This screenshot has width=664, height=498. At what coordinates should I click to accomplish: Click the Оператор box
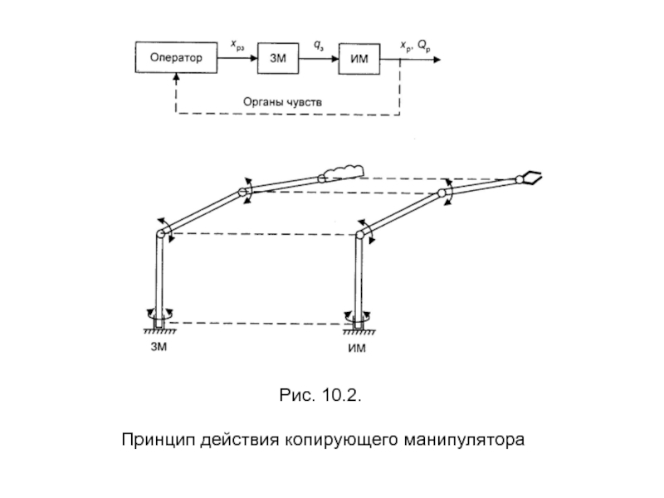coord(176,58)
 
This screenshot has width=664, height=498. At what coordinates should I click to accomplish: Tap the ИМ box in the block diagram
coord(359,58)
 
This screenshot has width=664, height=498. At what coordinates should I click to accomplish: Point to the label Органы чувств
coord(288,101)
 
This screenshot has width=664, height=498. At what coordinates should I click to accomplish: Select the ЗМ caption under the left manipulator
coord(159,346)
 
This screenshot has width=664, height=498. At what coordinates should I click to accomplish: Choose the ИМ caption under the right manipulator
coord(356,348)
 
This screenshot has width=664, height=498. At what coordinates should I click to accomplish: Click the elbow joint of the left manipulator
coord(245,193)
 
